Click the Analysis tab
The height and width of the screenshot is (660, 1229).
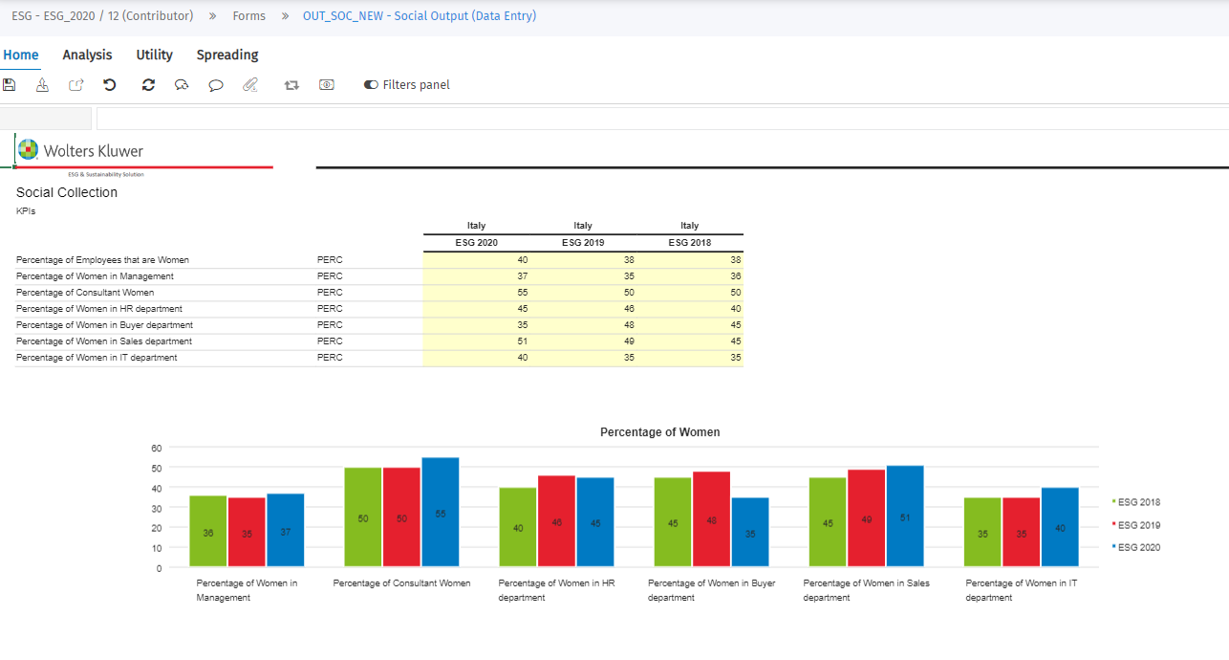87,55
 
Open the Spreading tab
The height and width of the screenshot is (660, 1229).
227,55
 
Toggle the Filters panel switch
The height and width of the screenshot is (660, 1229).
371,85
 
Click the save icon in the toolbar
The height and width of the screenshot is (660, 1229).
10,85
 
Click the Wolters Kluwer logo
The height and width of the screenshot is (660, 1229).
80,151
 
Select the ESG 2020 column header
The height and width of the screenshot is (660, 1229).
476,243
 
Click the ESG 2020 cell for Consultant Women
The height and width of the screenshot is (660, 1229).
476,293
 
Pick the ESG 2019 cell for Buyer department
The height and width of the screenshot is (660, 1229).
583,325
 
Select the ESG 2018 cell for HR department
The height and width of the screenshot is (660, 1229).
689,309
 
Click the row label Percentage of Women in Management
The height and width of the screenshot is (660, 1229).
95,276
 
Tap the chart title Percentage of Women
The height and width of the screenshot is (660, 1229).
659,432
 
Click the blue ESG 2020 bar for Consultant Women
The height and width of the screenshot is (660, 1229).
441,513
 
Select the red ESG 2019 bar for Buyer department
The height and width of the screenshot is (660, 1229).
711,519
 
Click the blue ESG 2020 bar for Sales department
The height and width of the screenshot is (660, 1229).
905,517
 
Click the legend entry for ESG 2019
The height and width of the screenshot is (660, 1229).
1138,525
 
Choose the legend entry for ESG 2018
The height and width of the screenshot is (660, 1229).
1138,502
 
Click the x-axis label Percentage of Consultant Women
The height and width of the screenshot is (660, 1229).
401,583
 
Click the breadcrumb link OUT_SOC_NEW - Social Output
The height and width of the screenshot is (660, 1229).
419,16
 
